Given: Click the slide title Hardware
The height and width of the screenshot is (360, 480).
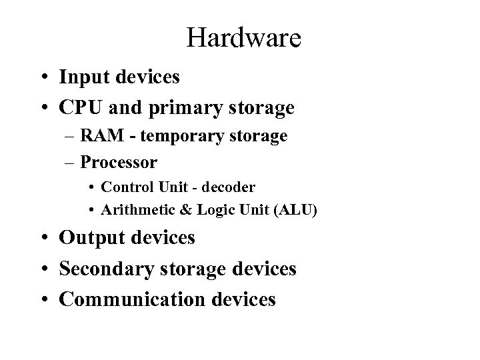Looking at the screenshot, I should click(x=244, y=37).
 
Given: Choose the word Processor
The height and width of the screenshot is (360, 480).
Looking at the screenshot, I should click(x=119, y=161).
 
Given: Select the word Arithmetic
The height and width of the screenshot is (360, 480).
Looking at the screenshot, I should click(x=133, y=210).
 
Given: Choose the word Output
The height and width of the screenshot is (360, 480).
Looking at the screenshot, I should click(x=91, y=237).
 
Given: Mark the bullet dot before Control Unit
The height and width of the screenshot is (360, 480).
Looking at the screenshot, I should click(x=91, y=187).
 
